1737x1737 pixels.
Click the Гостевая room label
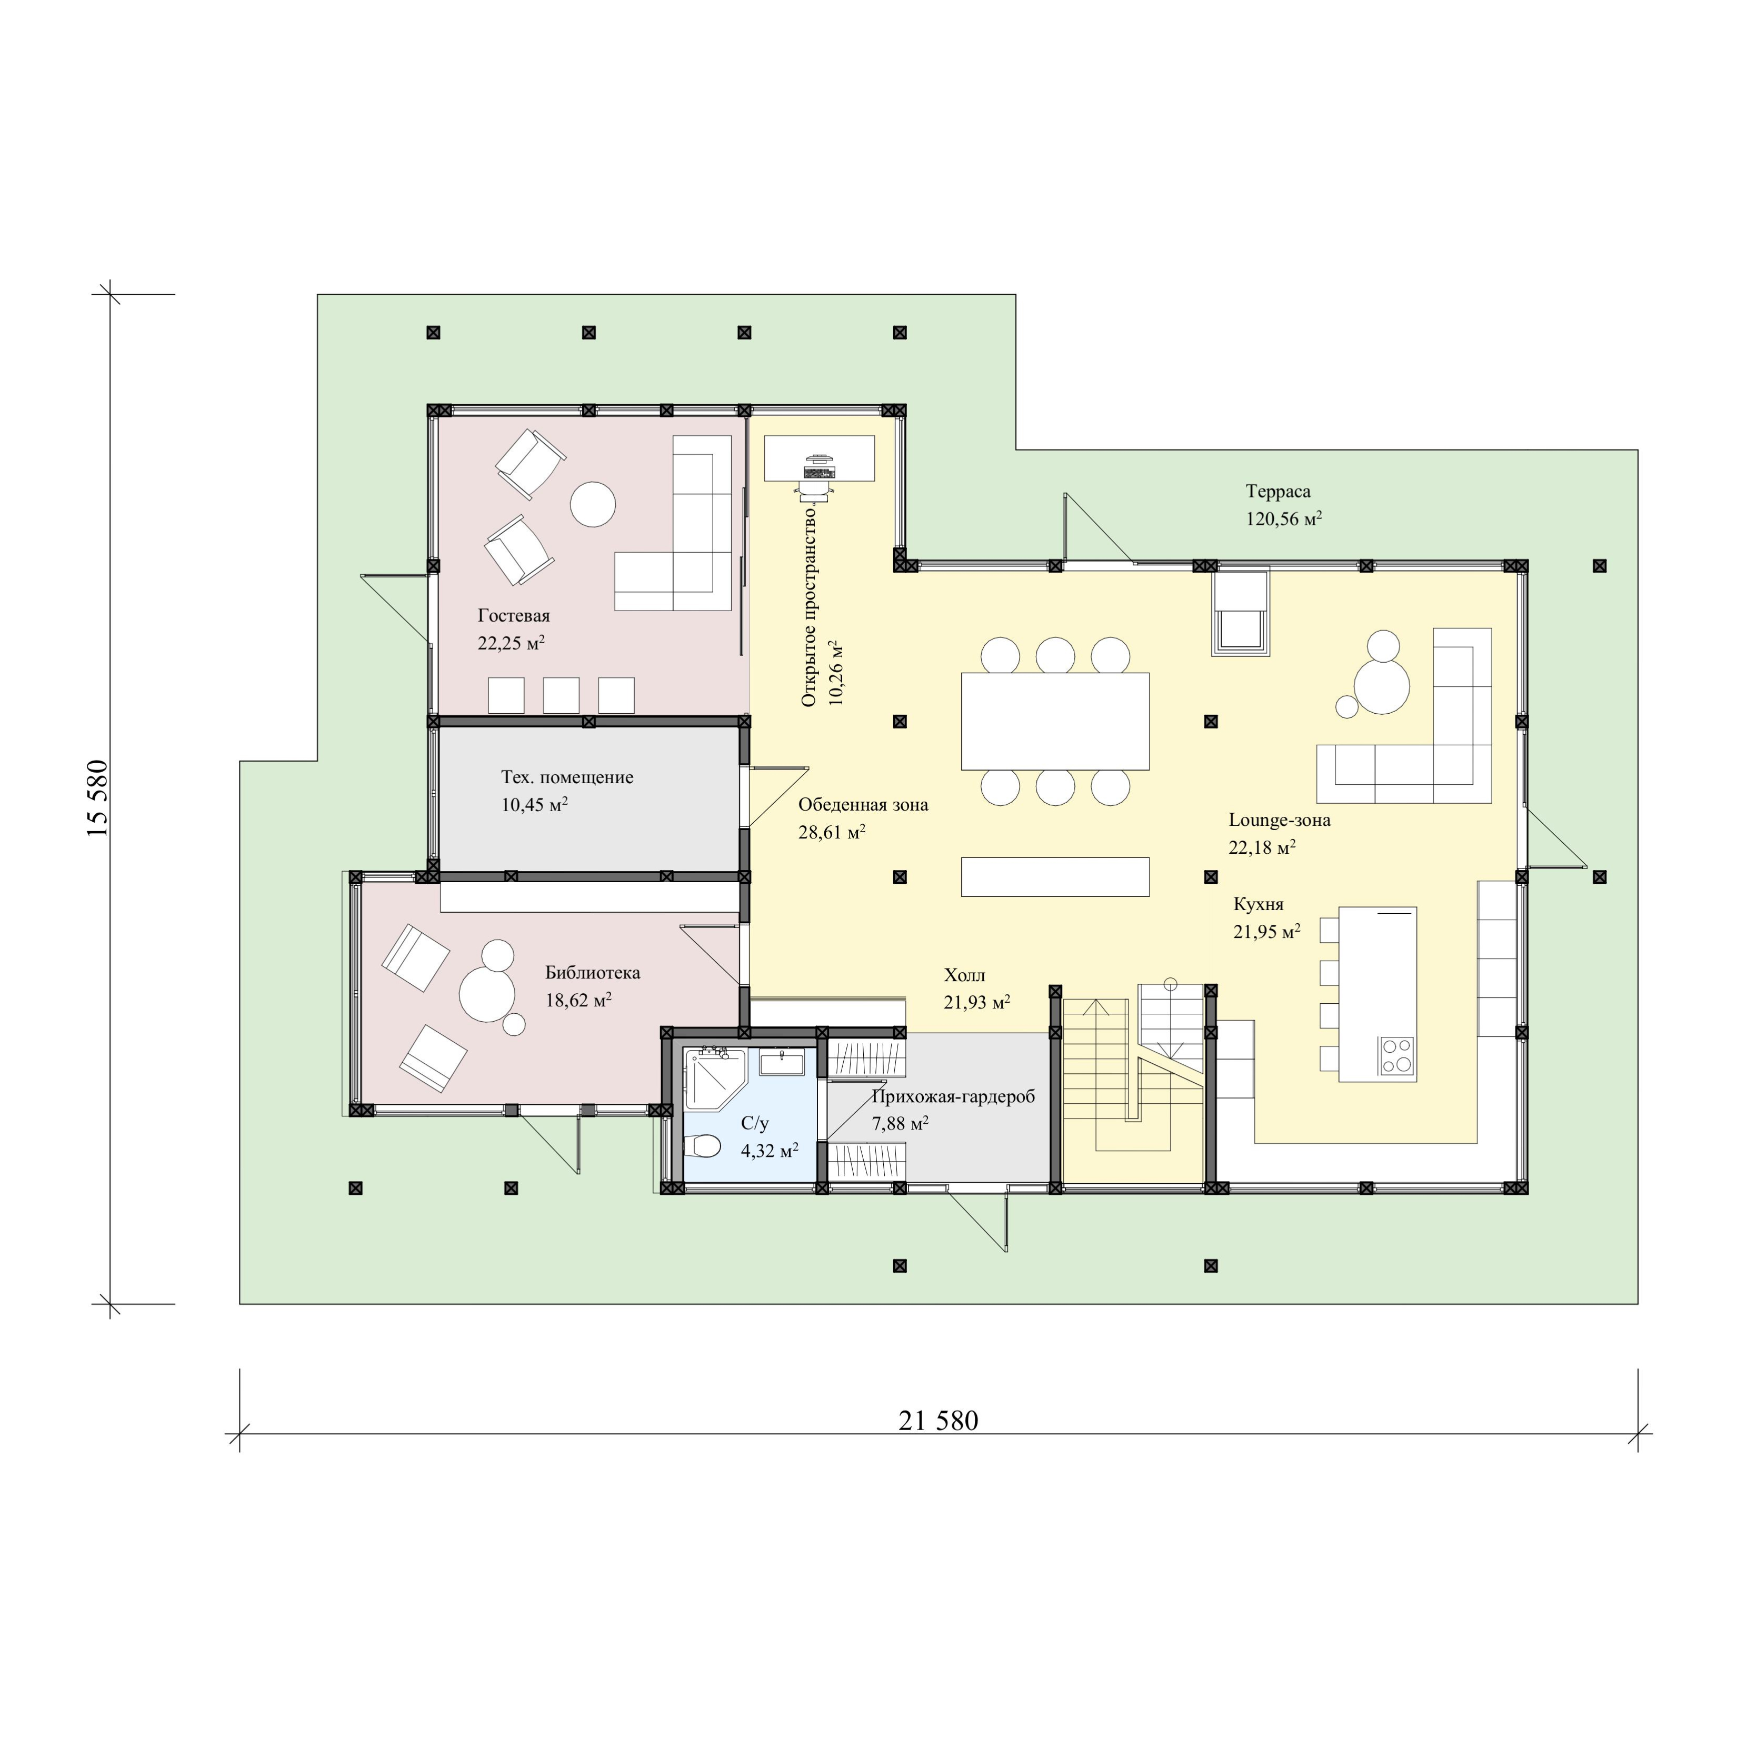(x=513, y=616)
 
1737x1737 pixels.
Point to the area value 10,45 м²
(x=534, y=805)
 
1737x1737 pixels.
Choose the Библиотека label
(x=593, y=973)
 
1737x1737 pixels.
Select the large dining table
(x=1055, y=721)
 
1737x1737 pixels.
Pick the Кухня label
(x=1258, y=904)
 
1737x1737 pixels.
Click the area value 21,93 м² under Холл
(x=976, y=1003)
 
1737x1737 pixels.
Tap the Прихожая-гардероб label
(x=953, y=1097)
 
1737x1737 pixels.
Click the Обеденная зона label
(x=863, y=805)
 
